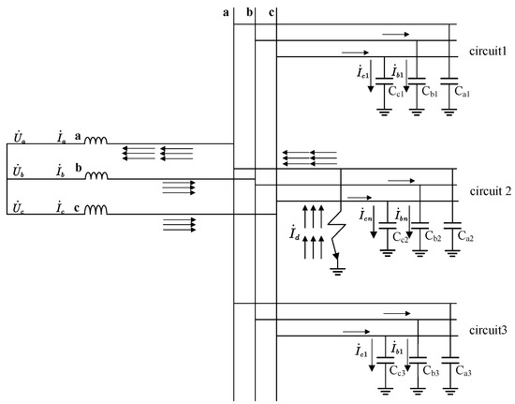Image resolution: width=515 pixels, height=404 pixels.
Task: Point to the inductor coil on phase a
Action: pyautogui.click(x=96, y=142)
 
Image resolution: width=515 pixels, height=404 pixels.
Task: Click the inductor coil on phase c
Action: pyautogui.click(x=96, y=211)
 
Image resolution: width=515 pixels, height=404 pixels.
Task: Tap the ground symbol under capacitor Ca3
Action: pyautogui.click(x=449, y=390)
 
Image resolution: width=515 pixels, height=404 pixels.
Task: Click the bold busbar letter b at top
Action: pyautogui.click(x=249, y=11)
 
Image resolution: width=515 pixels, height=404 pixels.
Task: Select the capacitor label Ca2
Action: pyautogui.click(x=463, y=238)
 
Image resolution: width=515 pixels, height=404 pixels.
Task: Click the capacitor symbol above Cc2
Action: pyautogui.click(x=384, y=225)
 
